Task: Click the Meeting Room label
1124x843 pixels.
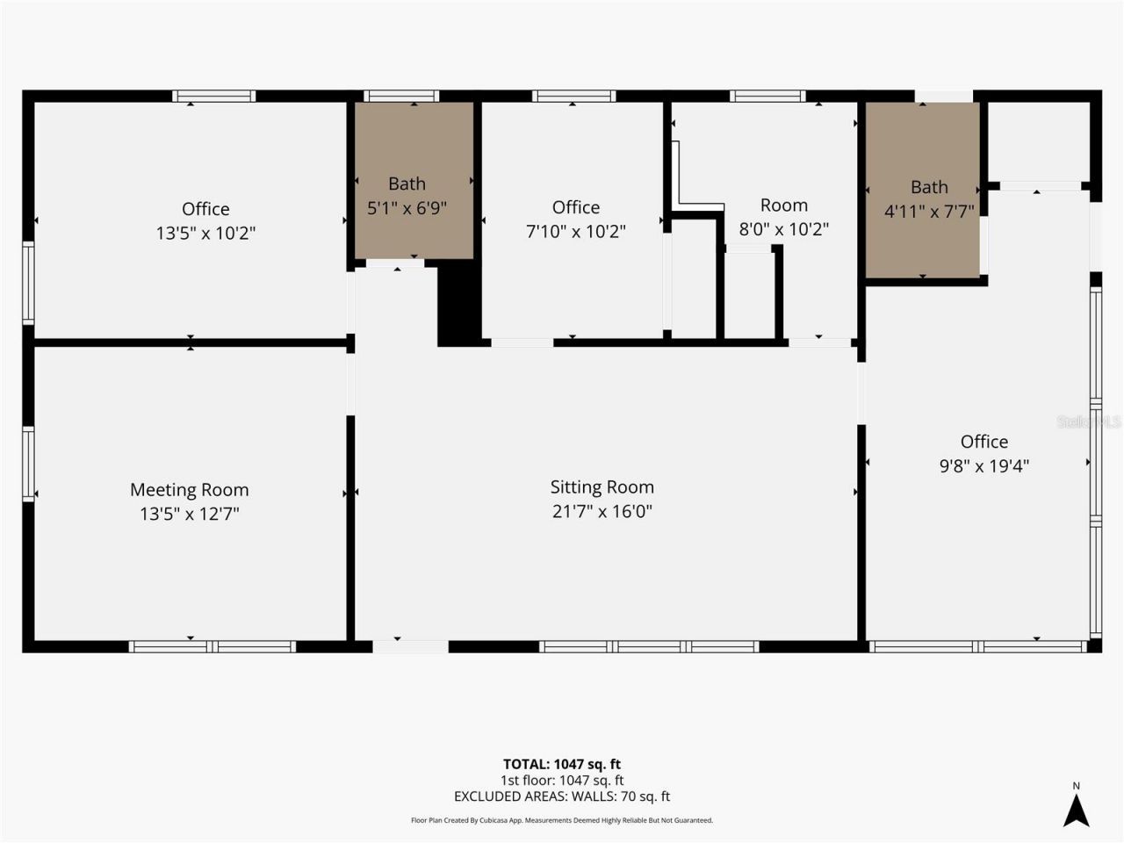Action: click(x=189, y=490)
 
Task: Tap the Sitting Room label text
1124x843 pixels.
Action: click(x=602, y=487)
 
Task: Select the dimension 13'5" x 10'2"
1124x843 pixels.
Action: click(x=205, y=234)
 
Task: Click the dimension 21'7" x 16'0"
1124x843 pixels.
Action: click(x=602, y=511)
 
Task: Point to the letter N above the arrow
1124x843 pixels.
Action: click(x=1076, y=786)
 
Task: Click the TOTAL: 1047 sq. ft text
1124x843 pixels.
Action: click(x=561, y=764)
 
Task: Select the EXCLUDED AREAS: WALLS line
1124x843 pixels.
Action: click(x=561, y=796)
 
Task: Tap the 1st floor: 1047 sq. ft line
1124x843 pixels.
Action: click(x=561, y=780)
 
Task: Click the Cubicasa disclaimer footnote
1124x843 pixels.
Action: click(x=561, y=820)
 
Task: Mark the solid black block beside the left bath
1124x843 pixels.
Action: click(x=458, y=303)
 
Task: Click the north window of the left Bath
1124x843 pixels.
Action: click(x=401, y=96)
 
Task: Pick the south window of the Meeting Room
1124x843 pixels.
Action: click(x=212, y=647)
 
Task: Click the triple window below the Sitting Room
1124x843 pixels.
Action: click(x=649, y=647)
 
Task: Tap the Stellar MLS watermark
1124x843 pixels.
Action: click(x=1089, y=421)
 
